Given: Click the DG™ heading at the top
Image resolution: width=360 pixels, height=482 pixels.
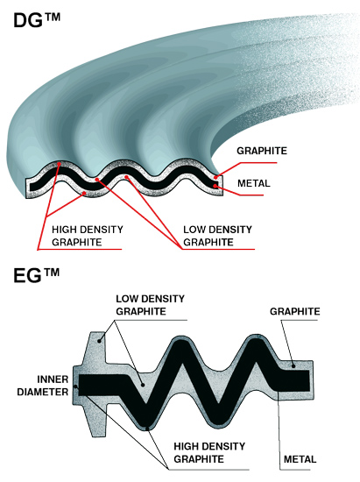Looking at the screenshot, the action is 37,20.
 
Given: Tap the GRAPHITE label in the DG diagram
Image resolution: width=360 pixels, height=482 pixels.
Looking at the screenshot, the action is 262,151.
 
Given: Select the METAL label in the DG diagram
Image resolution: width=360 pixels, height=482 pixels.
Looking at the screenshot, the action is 254,183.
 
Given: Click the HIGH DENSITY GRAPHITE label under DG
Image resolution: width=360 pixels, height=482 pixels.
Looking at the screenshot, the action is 88,236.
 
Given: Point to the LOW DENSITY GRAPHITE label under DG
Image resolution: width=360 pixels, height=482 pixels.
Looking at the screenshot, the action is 217,236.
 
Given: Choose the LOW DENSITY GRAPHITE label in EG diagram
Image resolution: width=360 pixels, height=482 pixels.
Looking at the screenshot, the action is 150,305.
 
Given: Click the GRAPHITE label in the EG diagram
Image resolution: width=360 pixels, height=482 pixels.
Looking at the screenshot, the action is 295,311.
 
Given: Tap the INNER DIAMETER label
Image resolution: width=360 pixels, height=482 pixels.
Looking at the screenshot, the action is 43,386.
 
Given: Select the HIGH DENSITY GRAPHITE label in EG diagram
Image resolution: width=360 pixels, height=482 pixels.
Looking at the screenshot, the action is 209,452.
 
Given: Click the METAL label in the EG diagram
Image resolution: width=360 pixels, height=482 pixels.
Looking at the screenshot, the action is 300,459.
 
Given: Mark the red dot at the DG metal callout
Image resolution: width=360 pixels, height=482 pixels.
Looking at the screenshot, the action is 216,186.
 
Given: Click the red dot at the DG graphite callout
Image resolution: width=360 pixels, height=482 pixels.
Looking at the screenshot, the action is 216,177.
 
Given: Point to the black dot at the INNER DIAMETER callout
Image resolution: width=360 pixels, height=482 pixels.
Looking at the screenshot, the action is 76,386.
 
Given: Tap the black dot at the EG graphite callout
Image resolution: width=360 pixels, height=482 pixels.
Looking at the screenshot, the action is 293,366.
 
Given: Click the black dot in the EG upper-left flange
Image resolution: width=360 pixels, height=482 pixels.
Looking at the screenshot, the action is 100,341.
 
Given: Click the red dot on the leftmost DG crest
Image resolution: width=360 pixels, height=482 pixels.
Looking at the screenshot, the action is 59,165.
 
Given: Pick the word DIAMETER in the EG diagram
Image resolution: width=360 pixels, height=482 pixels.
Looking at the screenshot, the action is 43,392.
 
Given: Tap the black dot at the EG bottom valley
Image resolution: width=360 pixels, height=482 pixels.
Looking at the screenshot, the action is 147,428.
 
